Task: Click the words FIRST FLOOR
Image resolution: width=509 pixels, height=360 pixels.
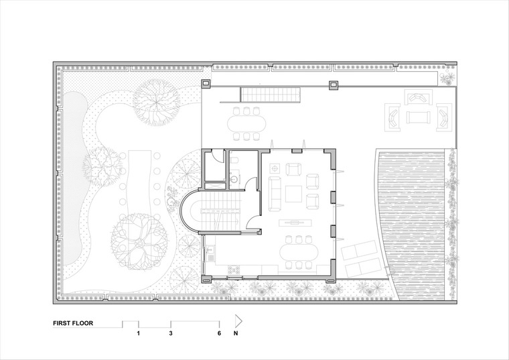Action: pos(73,323)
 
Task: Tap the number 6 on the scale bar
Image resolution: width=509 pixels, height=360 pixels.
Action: pos(220,333)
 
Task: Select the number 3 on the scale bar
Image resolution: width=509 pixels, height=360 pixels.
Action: pos(171,333)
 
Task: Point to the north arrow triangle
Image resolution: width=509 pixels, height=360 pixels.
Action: pos(238,321)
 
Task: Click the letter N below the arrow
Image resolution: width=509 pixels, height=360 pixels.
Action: pos(236,333)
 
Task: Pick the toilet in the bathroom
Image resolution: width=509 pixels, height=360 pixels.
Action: pos(234,160)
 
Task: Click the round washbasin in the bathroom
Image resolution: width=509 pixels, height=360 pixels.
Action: pos(234,178)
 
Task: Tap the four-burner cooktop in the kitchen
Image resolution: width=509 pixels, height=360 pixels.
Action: pos(234,269)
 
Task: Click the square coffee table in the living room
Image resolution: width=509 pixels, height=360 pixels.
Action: pos(293,194)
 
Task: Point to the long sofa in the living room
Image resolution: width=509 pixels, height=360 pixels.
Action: pos(275,194)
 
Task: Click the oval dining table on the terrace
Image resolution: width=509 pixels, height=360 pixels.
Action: pos(246,123)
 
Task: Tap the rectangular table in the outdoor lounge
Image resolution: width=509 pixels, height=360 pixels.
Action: pos(419,117)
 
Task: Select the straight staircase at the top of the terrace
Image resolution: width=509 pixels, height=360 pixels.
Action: pos(271,94)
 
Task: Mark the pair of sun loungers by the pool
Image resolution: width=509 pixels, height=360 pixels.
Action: pos(360,259)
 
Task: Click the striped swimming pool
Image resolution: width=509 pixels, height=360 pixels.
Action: pos(412,224)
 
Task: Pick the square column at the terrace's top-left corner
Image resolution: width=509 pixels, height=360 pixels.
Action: pos(206,84)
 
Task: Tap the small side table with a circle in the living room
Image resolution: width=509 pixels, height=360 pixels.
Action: pos(275,168)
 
